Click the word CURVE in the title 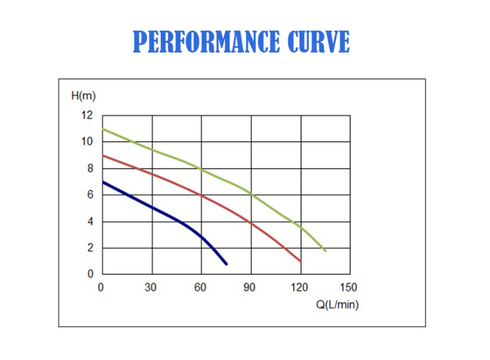[318, 42]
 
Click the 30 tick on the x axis [150, 288]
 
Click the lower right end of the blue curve [226, 263]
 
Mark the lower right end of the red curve [301, 261]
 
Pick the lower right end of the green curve [325, 251]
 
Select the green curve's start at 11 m [102, 129]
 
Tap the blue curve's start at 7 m [102, 182]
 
